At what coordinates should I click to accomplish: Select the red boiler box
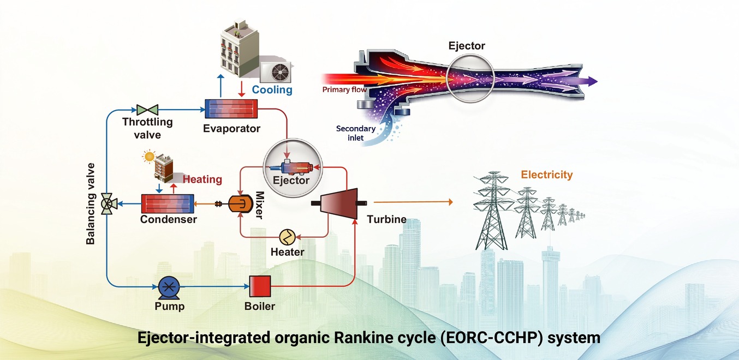[x=260, y=286]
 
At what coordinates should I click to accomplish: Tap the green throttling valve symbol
[x=147, y=110]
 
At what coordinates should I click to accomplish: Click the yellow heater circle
[x=287, y=237]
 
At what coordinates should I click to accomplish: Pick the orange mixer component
[x=241, y=203]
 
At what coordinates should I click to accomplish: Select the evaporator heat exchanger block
[x=231, y=109]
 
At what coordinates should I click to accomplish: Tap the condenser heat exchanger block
[x=168, y=204]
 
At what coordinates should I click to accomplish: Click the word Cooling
[x=272, y=89]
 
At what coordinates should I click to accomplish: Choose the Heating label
[x=202, y=179]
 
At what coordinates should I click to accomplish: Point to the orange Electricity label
[x=547, y=175]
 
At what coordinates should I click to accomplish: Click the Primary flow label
[x=344, y=89]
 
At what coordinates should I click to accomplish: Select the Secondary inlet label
[x=356, y=133]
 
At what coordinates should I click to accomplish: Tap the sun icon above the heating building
[x=149, y=157]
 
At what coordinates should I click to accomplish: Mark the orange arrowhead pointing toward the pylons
[x=451, y=202]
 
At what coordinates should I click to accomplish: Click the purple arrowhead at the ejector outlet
[x=593, y=81]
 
